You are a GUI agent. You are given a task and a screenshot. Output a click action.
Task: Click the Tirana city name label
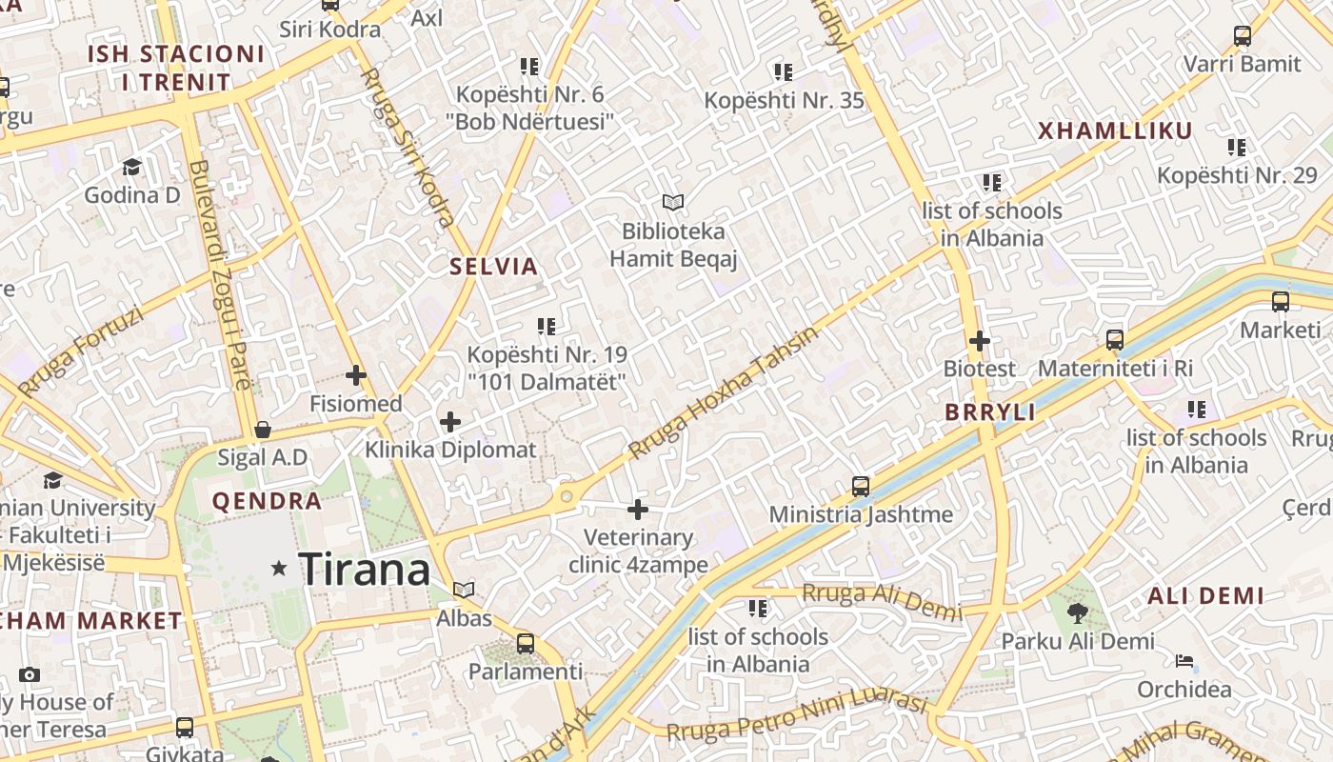(364, 570)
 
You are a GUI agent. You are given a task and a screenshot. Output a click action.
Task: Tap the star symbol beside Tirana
(279, 569)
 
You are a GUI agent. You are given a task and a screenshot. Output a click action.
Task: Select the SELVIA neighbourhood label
(494, 267)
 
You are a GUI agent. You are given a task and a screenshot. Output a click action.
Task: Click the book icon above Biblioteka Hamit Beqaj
(673, 202)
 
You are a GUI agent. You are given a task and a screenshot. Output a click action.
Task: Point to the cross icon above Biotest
(980, 340)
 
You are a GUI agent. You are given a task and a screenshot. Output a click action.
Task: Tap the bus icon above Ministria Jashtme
(861, 487)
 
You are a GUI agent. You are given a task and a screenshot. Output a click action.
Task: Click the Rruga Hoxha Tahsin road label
(724, 393)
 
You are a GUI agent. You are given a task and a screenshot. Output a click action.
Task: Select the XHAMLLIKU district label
(1115, 131)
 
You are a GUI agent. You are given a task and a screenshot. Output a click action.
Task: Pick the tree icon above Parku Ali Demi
(1077, 612)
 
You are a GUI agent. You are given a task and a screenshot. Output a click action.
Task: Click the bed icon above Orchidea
(1184, 660)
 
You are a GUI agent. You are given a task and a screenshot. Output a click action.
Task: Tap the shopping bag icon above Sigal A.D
(263, 430)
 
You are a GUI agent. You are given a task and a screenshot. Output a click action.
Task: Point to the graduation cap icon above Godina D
(131, 167)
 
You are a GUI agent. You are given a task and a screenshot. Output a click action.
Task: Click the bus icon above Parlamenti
(526, 643)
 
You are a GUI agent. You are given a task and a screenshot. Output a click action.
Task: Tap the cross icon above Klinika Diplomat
(450, 421)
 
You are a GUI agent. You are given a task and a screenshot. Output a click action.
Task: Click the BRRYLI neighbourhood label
(990, 412)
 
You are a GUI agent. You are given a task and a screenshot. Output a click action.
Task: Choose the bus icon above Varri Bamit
(1243, 36)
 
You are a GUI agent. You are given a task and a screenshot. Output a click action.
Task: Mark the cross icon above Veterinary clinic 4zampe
(638, 510)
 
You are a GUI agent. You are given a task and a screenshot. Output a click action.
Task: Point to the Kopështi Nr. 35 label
(784, 100)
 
